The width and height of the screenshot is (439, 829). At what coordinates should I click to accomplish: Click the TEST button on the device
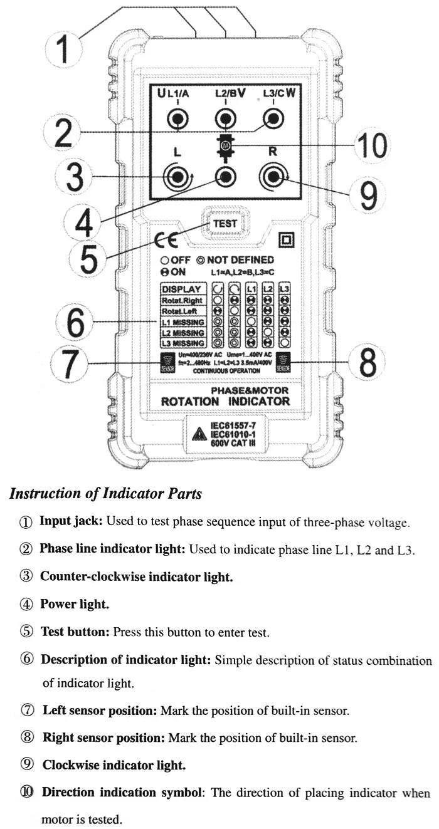click(224, 223)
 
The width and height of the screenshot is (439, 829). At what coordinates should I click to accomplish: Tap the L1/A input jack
click(179, 117)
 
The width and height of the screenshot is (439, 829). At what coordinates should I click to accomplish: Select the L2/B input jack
click(226, 117)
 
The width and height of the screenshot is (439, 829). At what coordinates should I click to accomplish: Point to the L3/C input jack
click(272, 117)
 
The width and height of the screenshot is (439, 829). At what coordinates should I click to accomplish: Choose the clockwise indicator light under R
click(272, 177)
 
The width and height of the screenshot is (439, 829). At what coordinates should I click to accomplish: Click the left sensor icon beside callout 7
click(167, 363)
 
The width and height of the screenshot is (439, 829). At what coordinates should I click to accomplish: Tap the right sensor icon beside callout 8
click(284, 363)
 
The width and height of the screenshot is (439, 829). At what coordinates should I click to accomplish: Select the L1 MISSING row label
click(183, 322)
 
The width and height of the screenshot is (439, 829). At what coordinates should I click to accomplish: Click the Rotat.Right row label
click(183, 301)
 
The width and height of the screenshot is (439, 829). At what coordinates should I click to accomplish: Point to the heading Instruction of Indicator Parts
click(105, 494)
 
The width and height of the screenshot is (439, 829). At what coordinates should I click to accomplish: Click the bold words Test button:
click(76, 632)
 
